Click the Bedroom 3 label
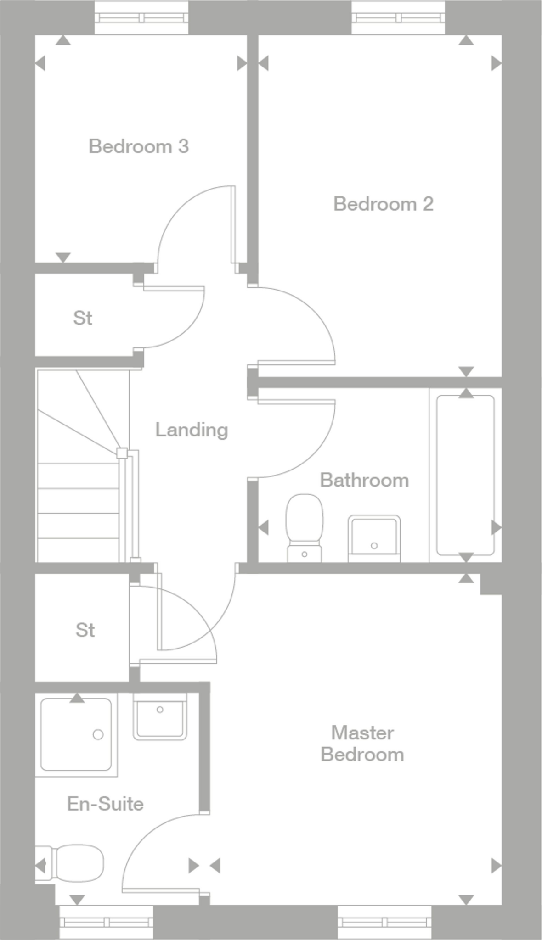coord(139,146)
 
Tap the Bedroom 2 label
coord(384,204)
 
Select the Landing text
coord(192,430)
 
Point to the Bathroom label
coord(364,480)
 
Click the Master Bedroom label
coord(362,744)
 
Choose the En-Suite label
coord(105,804)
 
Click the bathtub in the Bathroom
coord(465,475)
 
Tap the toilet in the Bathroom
coord(304,528)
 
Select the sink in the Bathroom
coord(374,538)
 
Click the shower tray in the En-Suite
coord(76,734)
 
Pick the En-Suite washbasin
coord(160,716)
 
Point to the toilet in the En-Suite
coord(69,864)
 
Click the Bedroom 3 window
coord(141,17)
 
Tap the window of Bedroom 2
coord(399,17)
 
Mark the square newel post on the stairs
coord(122,453)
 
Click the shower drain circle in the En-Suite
coord(98,735)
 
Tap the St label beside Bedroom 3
coord(83,318)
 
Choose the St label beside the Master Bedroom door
coord(85,630)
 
